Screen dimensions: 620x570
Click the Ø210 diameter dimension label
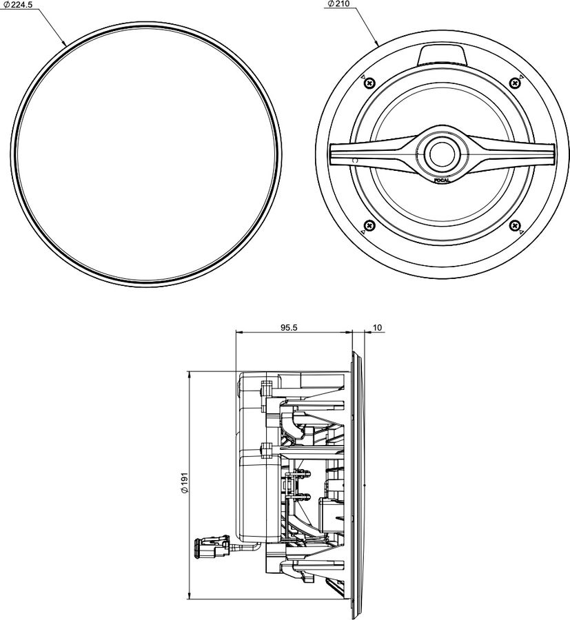click(x=338, y=4)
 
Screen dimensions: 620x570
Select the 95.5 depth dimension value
click(x=289, y=327)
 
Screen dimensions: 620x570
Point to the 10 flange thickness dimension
click(x=376, y=327)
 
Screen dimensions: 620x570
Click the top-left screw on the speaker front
click(x=369, y=83)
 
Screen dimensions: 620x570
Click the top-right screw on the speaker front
click(x=514, y=83)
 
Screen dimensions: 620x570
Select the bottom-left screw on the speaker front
click(x=369, y=225)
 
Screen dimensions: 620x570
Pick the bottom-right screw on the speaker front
click(x=514, y=225)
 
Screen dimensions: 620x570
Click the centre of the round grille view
click(x=149, y=154)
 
